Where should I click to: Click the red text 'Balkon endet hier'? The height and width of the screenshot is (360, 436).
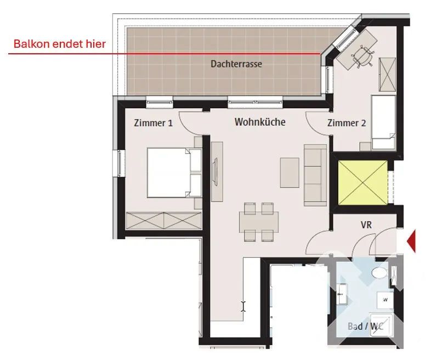point(60,44)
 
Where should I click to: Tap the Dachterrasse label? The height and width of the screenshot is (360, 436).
point(236,64)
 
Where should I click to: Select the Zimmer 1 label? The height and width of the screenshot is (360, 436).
point(153,123)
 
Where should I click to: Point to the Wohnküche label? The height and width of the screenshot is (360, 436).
point(260,122)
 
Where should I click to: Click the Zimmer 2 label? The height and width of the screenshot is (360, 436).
point(347,123)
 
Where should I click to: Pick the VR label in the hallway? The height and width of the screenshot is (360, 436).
point(366,225)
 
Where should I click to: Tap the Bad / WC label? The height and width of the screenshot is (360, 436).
point(365,326)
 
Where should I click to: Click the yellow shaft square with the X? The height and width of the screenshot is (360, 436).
point(363,183)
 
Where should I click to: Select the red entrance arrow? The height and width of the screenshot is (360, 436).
point(411,241)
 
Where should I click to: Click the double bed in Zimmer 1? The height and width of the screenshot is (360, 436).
point(174,172)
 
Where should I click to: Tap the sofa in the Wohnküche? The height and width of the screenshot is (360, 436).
point(315,175)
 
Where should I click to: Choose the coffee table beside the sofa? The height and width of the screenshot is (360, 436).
point(290,172)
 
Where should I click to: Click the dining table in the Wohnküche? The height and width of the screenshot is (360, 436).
point(259,222)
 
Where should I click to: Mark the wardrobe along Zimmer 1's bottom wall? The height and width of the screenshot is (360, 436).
point(164,221)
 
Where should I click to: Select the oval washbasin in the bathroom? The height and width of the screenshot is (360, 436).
point(380,273)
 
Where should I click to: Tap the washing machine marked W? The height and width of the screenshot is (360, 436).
point(385,300)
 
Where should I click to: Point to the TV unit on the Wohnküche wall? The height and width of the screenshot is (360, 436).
point(217,172)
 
